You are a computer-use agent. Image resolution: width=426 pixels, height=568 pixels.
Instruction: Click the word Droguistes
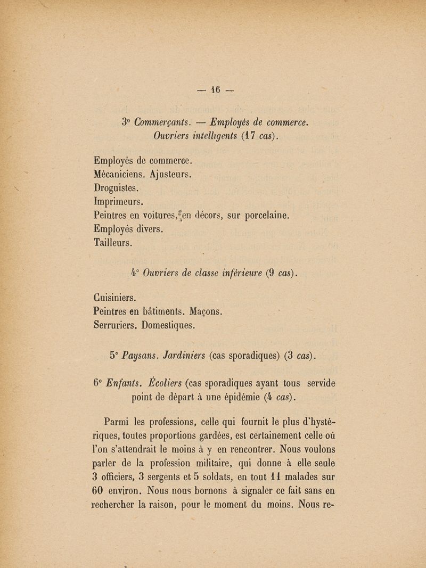117,188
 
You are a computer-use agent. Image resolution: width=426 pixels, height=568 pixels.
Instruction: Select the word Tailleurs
113,243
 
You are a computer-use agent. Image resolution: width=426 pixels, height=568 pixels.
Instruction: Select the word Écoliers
164,383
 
